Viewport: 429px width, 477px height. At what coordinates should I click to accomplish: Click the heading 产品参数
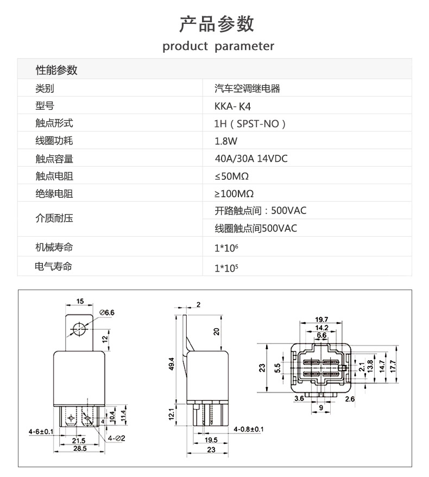point(217,24)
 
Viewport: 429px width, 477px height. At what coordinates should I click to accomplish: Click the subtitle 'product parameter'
point(218,46)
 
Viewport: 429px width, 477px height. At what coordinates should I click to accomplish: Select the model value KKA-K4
point(234,106)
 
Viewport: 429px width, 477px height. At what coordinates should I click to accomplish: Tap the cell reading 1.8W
point(226,141)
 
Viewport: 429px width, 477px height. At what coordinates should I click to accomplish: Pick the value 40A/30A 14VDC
point(251,159)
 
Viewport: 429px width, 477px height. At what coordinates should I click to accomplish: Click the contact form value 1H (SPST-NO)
point(250,124)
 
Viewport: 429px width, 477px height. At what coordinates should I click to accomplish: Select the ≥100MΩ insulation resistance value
point(234,193)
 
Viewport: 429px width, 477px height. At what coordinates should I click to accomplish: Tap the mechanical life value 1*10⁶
point(226,248)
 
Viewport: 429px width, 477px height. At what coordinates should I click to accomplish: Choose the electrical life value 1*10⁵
point(226,267)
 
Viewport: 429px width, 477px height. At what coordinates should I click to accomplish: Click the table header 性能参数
point(56,70)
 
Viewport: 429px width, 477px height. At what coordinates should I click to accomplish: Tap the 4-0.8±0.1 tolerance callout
point(248,430)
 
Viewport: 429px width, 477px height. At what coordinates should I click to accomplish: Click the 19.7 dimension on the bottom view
point(321,319)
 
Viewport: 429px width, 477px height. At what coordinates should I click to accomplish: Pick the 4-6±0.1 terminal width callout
point(41,431)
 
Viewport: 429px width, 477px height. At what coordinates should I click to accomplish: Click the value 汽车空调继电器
point(247,89)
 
